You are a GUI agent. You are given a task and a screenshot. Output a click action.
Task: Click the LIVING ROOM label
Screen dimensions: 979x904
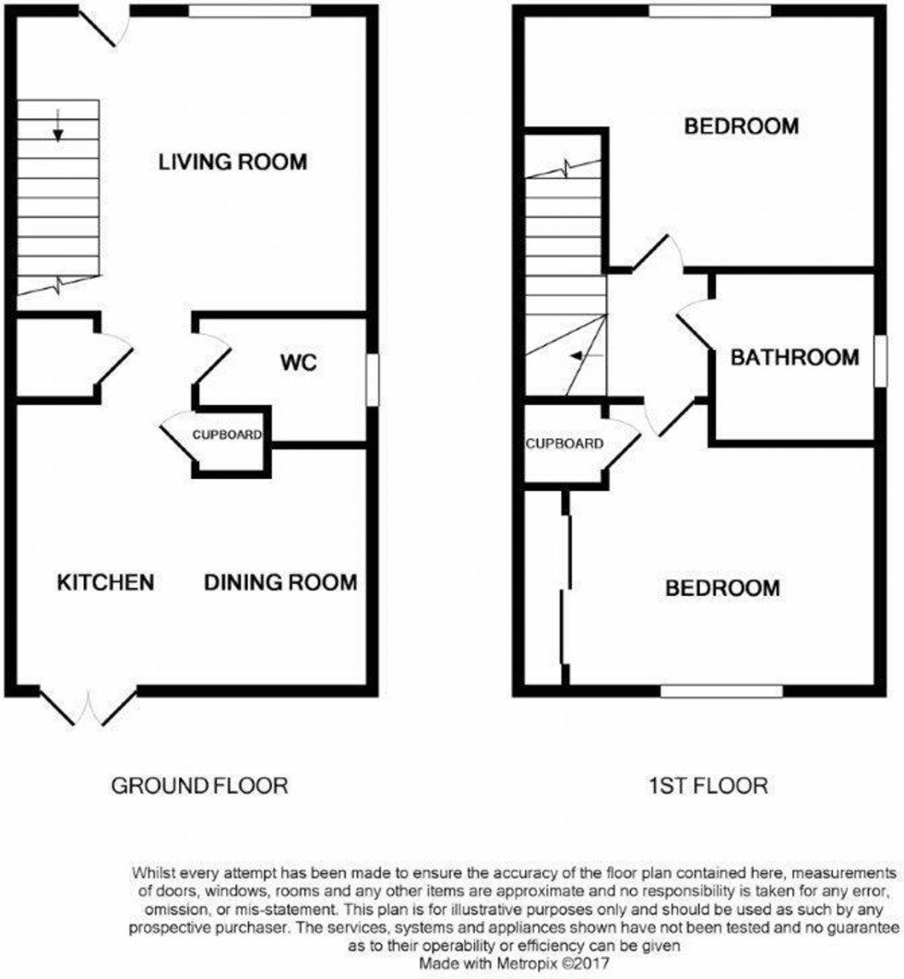[x=232, y=162]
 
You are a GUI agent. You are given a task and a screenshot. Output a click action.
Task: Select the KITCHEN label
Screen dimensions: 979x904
[x=104, y=582]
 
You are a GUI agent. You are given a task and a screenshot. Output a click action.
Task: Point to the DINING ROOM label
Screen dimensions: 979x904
[x=280, y=582]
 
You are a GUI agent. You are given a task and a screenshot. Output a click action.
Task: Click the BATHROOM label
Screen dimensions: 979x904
[x=794, y=357]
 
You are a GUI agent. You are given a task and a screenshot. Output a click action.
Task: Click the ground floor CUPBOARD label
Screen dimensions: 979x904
[x=227, y=435]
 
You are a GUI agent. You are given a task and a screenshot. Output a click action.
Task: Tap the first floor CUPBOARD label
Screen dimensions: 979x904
[x=565, y=444]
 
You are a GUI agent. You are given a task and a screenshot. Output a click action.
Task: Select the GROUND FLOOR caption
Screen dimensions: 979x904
[x=200, y=785]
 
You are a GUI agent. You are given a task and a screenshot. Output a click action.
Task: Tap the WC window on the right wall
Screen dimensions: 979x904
[x=372, y=379]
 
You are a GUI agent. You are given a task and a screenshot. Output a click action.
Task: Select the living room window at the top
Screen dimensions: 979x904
[x=250, y=10]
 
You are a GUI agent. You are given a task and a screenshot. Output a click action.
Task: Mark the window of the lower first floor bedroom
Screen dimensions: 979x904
[x=721, y=688]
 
